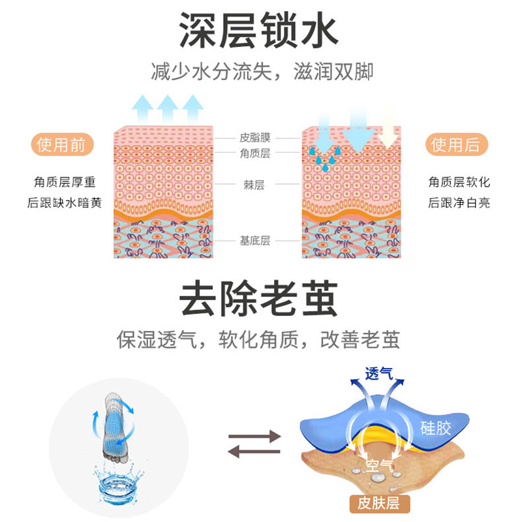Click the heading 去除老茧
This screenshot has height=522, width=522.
point(259,301)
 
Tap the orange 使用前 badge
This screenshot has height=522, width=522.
point(62,145)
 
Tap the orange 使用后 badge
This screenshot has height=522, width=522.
point(456,145)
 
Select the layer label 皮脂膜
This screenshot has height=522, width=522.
point(254,138)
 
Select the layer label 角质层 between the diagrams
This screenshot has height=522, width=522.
point(254,153)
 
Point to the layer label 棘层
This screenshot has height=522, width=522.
point(254,185)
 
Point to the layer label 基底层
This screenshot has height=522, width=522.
point(254,240)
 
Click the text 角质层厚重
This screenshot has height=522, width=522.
point(65,181)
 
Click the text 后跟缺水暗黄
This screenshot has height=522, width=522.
point(65,202)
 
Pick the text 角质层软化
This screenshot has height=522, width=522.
point(459,181)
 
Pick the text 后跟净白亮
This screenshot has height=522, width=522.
point(459,202)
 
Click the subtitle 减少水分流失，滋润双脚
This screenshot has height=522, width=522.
point(262,72)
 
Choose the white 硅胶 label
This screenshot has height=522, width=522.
point(435,428)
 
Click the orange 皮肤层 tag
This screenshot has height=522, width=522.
point(379,503)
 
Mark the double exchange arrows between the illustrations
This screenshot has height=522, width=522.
point(254,442)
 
